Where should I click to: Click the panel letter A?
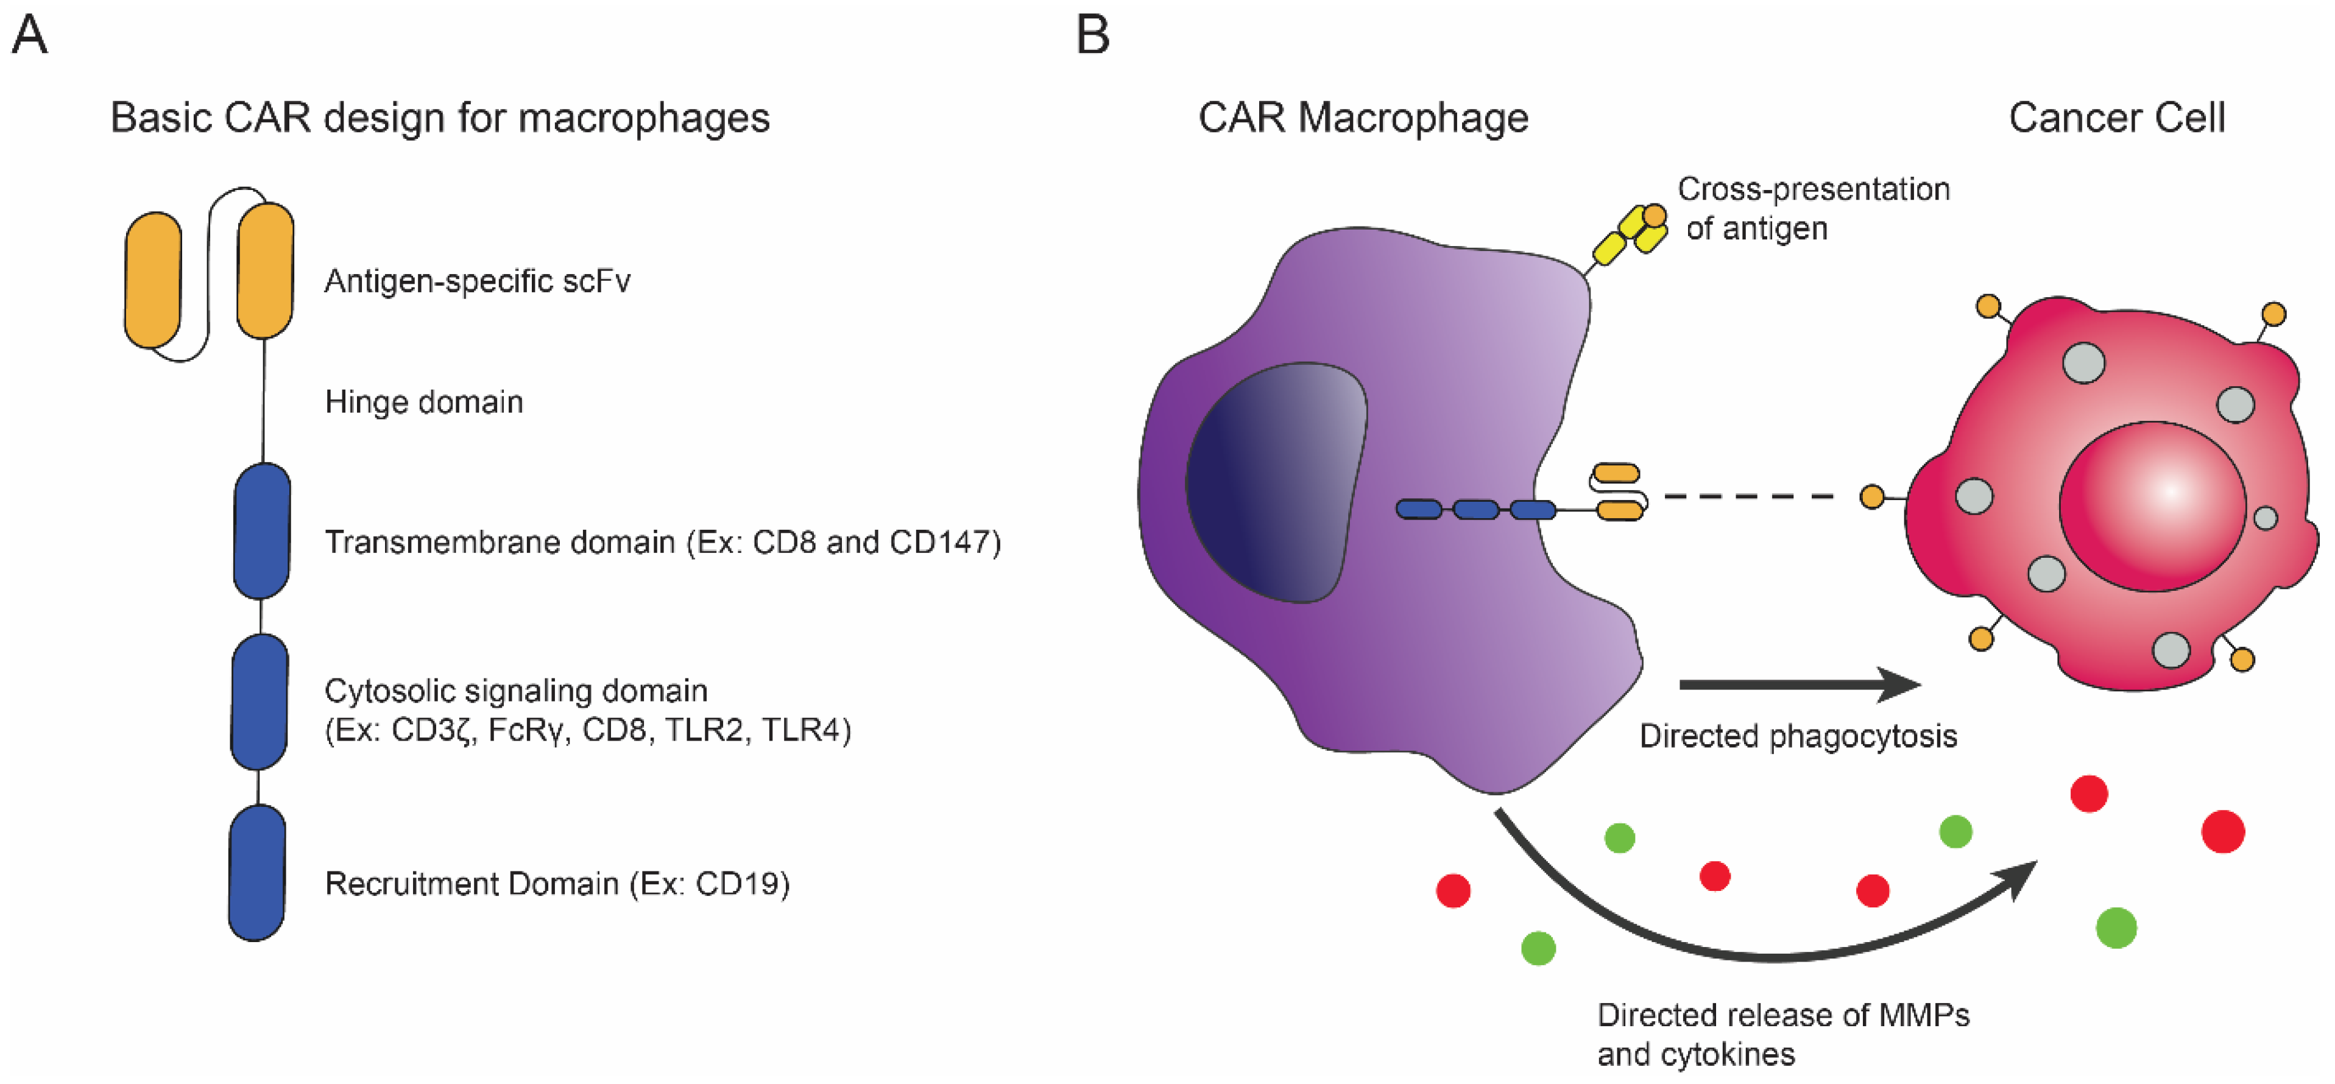pos(29,37)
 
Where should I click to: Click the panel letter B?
pos(1092,37)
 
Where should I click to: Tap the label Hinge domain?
pos(423,401)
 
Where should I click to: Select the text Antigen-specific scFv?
pos(477,281)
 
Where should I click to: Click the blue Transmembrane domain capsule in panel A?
pos(262,531)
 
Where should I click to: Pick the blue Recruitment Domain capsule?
pos(258,873)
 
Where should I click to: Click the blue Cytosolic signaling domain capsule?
pos(260,702)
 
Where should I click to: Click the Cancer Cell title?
pos(2116,118)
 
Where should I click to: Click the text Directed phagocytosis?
pos(1798,736)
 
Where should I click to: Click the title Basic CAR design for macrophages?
pos(440,118)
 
